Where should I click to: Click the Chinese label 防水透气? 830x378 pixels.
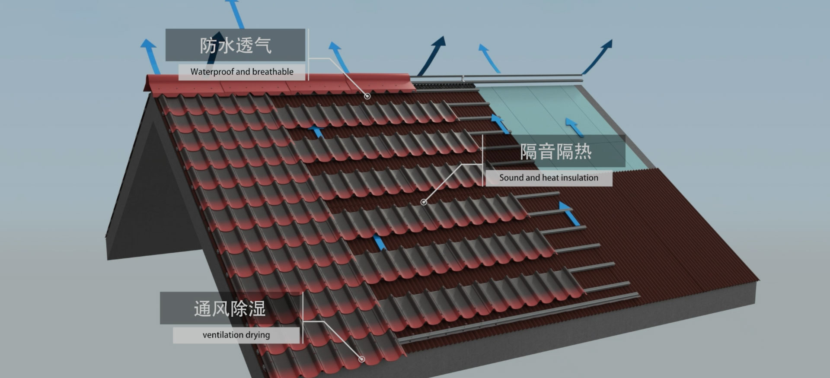click(x=235, y=45)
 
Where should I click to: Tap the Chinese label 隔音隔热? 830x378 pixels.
click(x=555, y=152)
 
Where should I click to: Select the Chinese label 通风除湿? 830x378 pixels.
click(x=230, y=309)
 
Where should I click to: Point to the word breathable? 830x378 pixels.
click(x=273, y=72)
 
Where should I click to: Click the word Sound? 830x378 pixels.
click(x=511, y=178)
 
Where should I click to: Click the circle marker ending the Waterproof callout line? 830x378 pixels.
click(x=367, y=96)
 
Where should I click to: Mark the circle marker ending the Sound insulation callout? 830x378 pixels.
click(x=424, y=202)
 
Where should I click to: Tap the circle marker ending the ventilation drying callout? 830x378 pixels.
click(x=361, y=359)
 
